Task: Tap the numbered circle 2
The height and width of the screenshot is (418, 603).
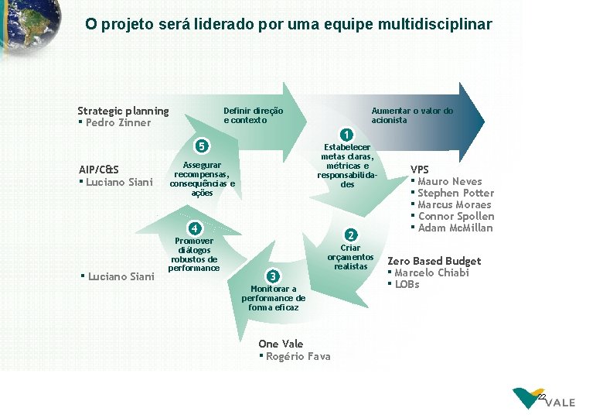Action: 350,235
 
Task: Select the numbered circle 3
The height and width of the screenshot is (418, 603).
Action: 272,276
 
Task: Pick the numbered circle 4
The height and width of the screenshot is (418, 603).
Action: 196,228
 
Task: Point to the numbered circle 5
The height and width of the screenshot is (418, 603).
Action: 201,146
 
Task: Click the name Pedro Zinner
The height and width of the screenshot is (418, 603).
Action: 118,122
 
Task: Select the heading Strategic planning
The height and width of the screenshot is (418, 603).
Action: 123,111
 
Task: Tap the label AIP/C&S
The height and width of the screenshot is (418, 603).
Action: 99,170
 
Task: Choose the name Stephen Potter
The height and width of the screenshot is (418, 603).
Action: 455,193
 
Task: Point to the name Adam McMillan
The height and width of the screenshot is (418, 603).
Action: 455,228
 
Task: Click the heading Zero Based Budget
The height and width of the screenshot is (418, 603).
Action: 434,261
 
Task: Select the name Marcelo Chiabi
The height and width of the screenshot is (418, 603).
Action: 431,272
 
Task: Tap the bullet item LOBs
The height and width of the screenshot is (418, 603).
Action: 407,284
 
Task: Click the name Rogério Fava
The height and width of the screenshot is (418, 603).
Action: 298,356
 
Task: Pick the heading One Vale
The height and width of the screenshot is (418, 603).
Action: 281,344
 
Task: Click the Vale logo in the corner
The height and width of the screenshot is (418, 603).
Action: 544,399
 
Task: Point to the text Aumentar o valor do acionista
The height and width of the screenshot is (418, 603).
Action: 412,115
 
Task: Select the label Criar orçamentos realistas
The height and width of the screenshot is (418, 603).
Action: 350,257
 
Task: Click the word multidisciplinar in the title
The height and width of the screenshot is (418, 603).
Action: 434,25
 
